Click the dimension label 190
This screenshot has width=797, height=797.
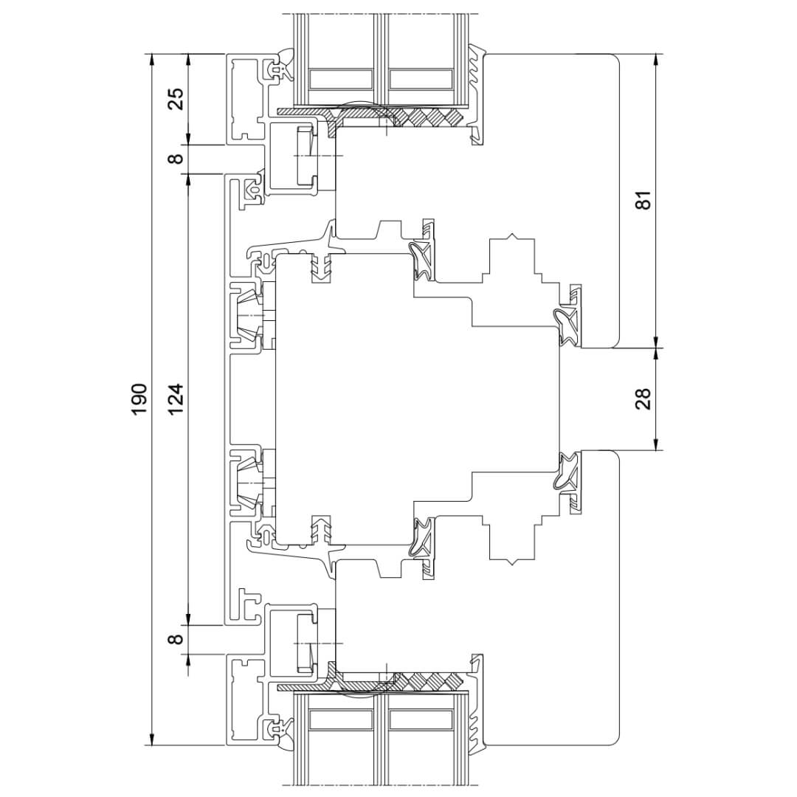[139, 398]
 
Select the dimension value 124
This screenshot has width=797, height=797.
[176, 398]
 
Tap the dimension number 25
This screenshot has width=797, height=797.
[176, 99]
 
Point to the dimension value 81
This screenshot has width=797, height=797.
[643, 200]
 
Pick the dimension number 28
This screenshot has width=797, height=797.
[643, 399]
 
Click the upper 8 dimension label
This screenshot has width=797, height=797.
[176, 159]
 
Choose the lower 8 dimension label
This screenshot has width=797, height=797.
[176, 638]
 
